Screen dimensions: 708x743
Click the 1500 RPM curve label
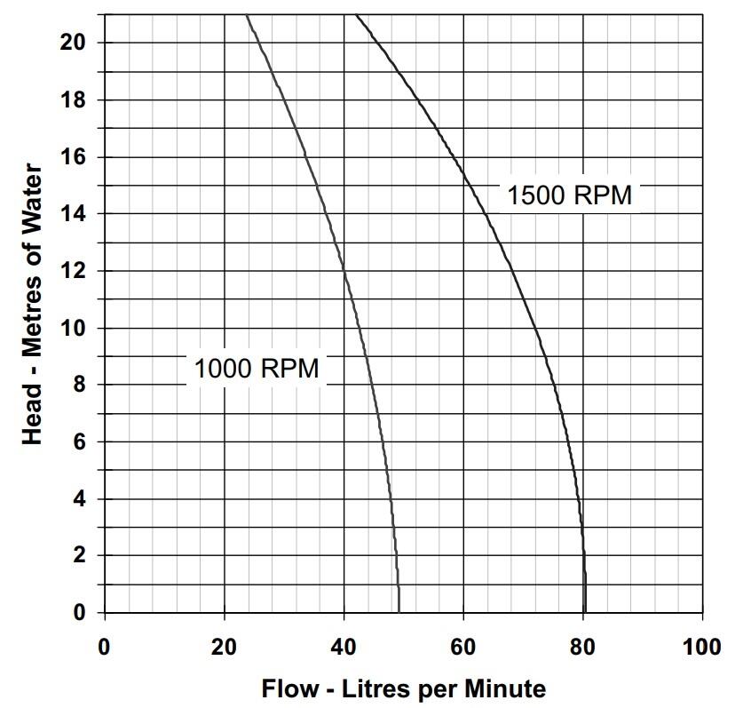click(569, 195)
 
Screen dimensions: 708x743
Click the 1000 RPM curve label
click(256, 368)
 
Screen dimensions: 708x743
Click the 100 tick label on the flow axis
click(702, 647)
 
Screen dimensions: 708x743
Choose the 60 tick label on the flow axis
click(463, 647)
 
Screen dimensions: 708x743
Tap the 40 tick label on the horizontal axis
click(344, 647)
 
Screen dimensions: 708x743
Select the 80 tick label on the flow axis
click(583, 647)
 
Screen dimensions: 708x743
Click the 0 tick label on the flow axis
click(105, 647)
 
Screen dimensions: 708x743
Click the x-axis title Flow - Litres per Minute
click(403, 688)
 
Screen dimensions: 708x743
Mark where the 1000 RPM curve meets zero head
click(399, 612)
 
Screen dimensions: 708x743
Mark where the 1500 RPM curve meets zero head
click(585, 612)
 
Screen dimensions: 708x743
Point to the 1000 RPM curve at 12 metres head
click(344, 271)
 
